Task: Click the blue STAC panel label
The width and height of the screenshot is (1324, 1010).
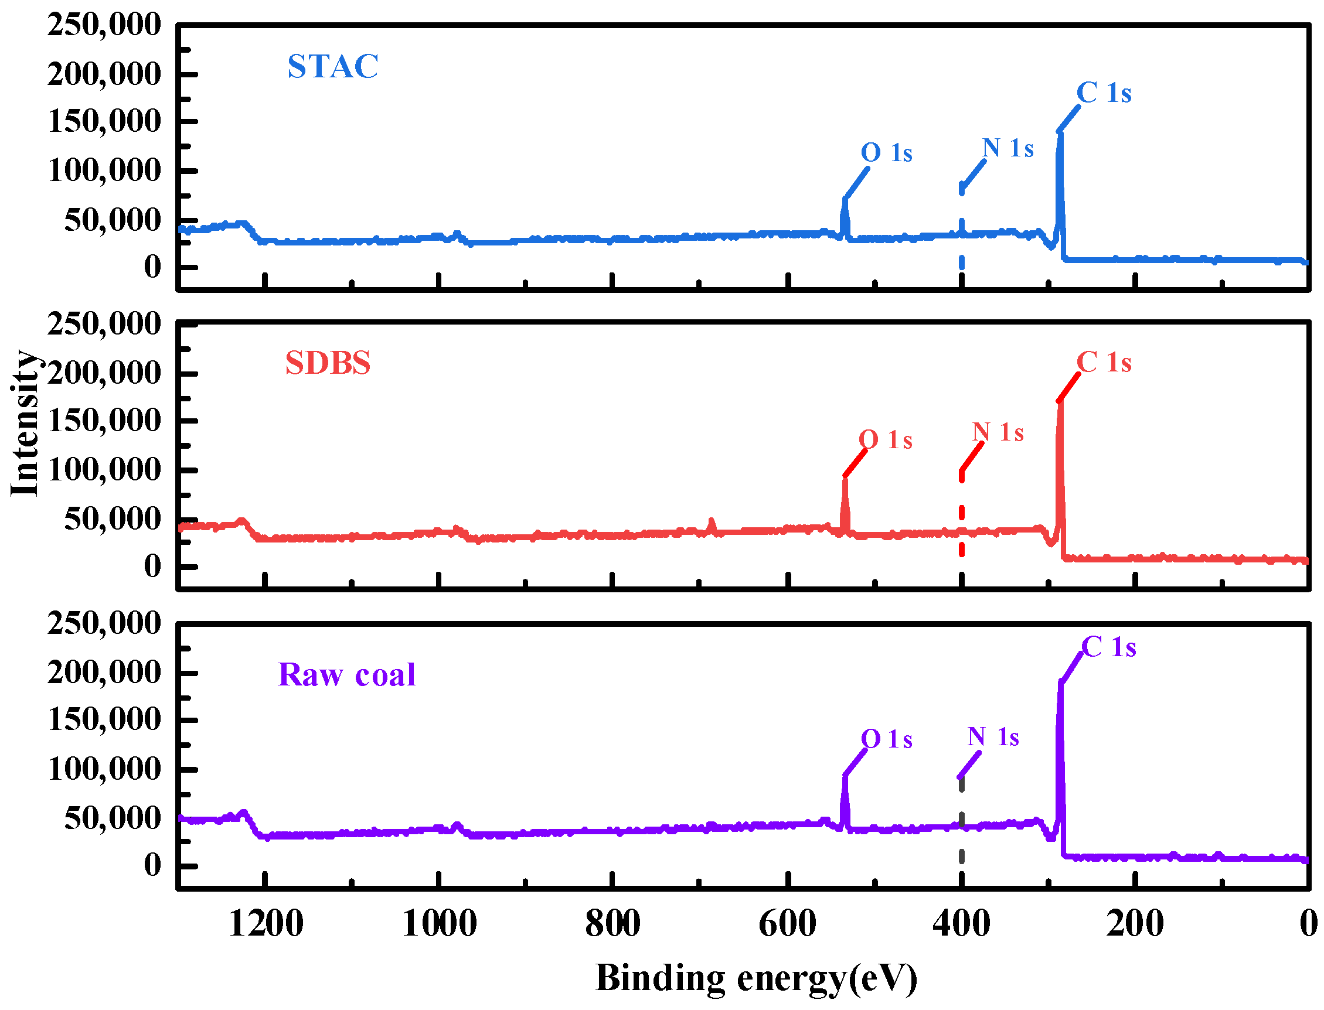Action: tap(332, 66)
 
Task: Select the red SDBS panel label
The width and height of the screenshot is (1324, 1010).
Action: tap(328, 363)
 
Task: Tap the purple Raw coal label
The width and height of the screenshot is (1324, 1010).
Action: tap(346, 674)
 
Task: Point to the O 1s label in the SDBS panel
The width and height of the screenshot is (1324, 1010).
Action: tap(885, 440)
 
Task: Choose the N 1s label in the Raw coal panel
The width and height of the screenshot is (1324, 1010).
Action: tap(993, 737)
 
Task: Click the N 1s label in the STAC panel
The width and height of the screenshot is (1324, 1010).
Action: tap(1008, 148)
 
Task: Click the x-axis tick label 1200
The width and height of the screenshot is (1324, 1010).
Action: tap(265, 924)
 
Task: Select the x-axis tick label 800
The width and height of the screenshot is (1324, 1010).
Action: tap(612, 924)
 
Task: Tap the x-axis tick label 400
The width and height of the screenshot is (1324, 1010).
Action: tap(961, 924)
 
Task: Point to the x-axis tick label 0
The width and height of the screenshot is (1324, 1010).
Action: tap(1308, 924)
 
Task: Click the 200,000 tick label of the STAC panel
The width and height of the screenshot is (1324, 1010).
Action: tap(104, 74)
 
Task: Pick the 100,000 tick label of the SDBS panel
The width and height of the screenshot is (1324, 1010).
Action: tap(104, 469)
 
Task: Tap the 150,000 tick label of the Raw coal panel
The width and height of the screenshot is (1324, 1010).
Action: tap(104, 719)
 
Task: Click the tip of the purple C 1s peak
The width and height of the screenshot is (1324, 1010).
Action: tap(1060, 683)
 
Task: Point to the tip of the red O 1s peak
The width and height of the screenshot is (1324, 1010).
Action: tap(845, 478)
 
